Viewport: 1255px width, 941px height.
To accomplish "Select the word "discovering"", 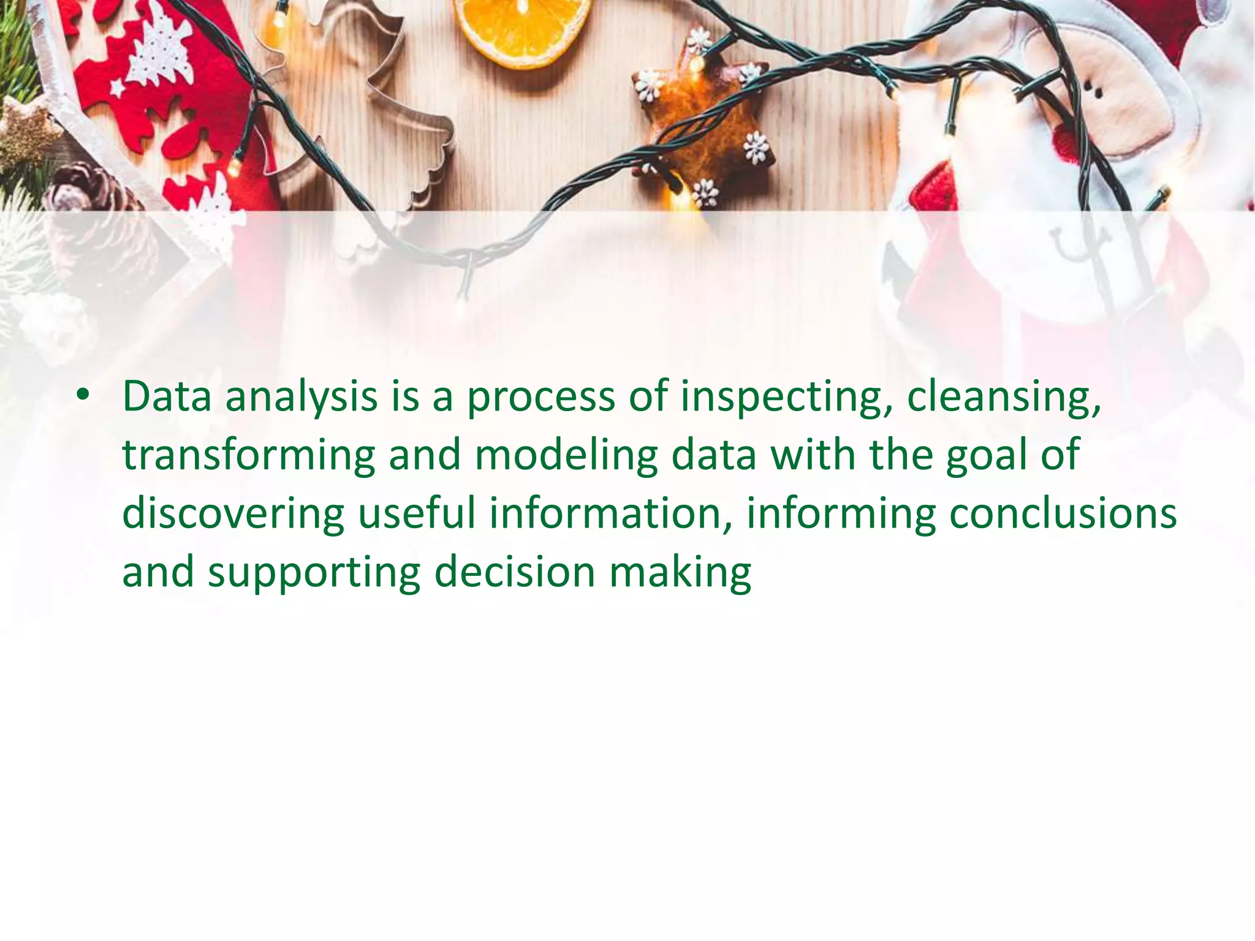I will tap(233, 515).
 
